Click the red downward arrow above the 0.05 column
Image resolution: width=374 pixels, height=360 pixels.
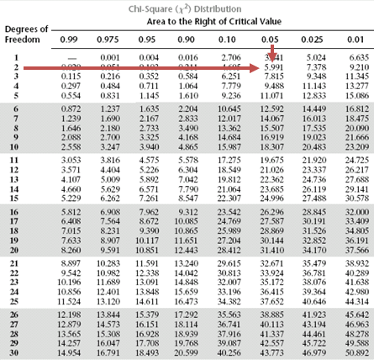275,51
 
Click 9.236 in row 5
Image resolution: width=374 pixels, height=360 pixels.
227,96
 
